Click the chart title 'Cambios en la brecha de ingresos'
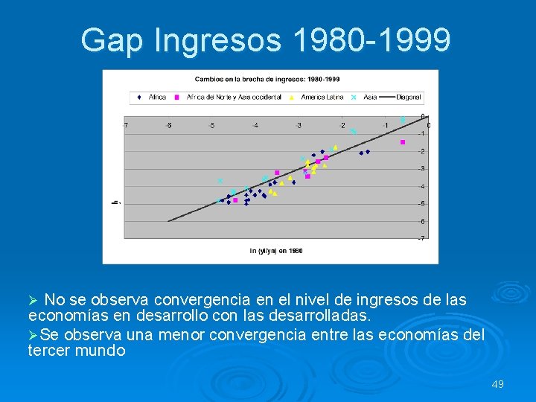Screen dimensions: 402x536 tap(267, 79)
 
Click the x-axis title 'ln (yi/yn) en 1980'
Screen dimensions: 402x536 tap(276, 251)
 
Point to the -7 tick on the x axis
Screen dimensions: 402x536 tap(125, 125)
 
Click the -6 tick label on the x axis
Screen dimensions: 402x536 tap(168, 125)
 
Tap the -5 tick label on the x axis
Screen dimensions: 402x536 tap(211, 125)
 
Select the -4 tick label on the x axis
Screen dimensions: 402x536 tap(255, 125)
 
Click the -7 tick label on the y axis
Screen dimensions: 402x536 tap(422, 239)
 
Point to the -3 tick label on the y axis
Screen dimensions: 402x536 tap(422, 169)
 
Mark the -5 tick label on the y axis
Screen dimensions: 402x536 tap(422, 204)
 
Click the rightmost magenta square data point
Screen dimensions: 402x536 tap(403, 142)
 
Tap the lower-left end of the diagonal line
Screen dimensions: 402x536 tap(169, 221)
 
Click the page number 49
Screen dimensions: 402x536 tap(498, 384)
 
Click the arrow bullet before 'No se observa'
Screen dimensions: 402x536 tap(33, 301)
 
